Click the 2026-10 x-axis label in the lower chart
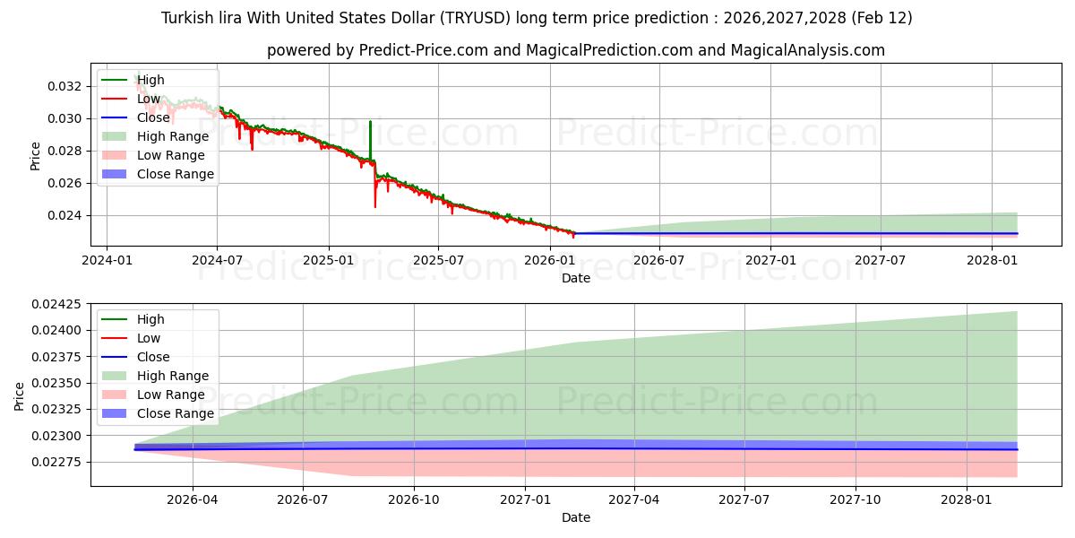[414, 499]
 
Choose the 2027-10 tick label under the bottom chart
[856, 499]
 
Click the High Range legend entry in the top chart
[172, 136]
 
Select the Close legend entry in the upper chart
[152, 117]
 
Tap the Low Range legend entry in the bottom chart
[170, 395]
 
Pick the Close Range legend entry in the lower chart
[175, 413]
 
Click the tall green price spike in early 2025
[370, 134]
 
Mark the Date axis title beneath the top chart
[575, 278]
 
